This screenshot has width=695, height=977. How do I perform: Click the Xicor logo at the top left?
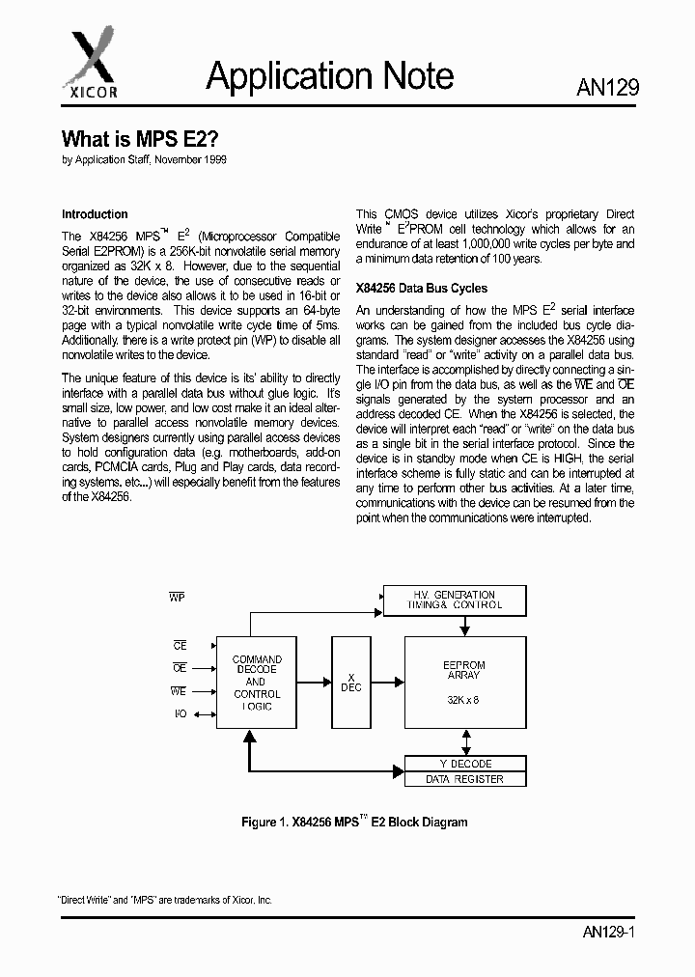[x=92, y=61]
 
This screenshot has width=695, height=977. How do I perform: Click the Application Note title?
[x=330, y=75]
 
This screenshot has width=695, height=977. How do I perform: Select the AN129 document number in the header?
[x=607, y=89]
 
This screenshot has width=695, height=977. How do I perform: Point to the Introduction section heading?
[x=95, y=214]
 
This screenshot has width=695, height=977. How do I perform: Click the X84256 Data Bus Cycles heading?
[x=422, y=288]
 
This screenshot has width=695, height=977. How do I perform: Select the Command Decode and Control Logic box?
[x=257, y=683]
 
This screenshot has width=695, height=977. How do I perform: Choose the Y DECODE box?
[x=465, y=764]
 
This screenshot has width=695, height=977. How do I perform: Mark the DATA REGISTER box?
[x=465, y=779]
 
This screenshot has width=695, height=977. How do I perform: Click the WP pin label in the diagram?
[x=177, y=599]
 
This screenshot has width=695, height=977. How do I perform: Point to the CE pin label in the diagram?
[x=180, y=645]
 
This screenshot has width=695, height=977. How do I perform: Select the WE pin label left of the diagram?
[x=179, y=691]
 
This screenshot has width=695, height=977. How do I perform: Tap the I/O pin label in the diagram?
[x=180, y=714]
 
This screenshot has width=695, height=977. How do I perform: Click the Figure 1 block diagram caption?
[x=353, y=823]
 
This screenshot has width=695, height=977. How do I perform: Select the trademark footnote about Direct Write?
[x=167, y=899]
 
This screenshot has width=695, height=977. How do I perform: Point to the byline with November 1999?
[x=145, y=160]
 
